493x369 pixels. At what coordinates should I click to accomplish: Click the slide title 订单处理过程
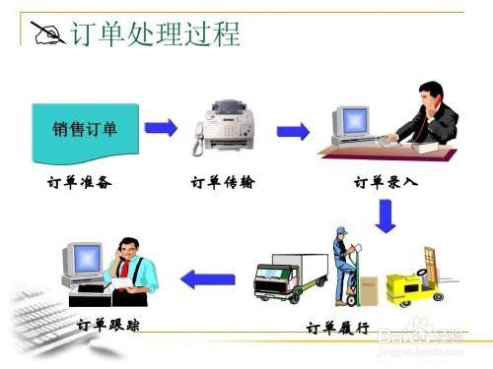pyautogui.click(x=156, y=34)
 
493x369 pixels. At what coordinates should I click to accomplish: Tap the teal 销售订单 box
pyautogui.click(x=85, y=130)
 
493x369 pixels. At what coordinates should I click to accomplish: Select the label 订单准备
pyautogui.click(x=83, y=182)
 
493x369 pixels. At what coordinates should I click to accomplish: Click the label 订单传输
pyautogui.click(x=223, y=182)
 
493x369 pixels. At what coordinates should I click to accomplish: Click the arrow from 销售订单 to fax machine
pyautogui.click(x=161, y=128)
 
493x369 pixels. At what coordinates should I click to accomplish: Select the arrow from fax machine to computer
pyautogui.click(x=293, y=129)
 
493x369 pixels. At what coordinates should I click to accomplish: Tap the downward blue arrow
pyautogui.click(x=386, y=215)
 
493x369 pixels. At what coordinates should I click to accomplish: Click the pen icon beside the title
pyautogui.click(x=45, y=34)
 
